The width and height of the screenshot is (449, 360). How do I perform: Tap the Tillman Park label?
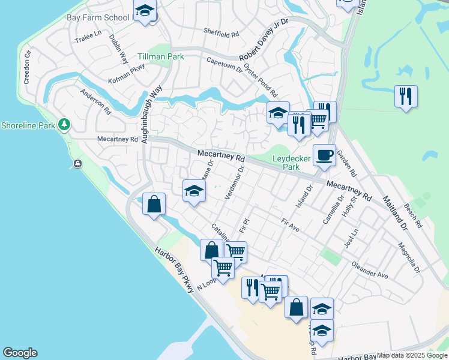point(160,56)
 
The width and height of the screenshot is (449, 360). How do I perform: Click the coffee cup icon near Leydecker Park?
point(324,155)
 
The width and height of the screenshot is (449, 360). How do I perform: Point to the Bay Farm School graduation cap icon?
point(145,11)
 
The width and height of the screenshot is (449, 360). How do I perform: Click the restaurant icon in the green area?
point(406,96)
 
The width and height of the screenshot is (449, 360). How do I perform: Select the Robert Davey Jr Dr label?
point(264,40)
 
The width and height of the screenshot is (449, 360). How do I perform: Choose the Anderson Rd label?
point(95,102)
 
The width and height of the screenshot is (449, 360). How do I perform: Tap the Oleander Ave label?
point(370,269)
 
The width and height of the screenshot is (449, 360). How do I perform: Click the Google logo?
point(20,353)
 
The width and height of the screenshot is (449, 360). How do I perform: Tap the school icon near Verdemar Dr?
point(194,191)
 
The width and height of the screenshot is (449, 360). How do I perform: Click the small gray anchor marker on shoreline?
point(77,164)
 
